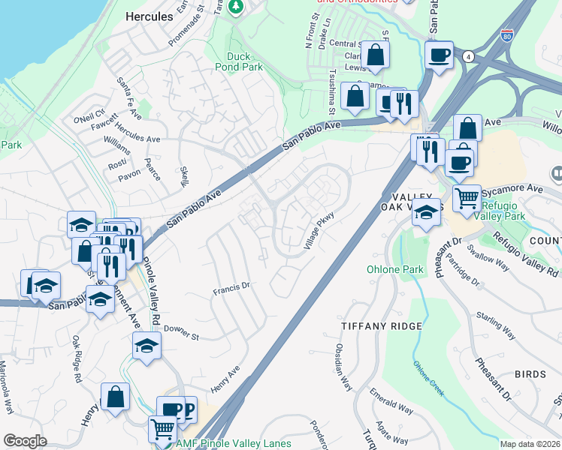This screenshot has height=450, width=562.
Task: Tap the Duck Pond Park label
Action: (244, 61)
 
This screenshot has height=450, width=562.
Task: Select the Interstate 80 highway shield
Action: (509, 34)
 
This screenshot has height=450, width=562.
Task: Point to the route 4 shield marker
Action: (468, 56)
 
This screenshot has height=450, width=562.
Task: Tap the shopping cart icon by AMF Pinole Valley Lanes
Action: (162, 430)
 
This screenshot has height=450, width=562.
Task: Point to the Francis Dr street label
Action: (231, 286)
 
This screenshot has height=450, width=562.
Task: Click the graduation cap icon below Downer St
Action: (147, 346)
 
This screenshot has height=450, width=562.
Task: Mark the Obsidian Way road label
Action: (343, 367)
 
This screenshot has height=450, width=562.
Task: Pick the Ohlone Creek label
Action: (428, 377)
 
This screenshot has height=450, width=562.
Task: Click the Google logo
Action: (25, 440)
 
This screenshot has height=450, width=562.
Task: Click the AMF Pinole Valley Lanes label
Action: (233, 444)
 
